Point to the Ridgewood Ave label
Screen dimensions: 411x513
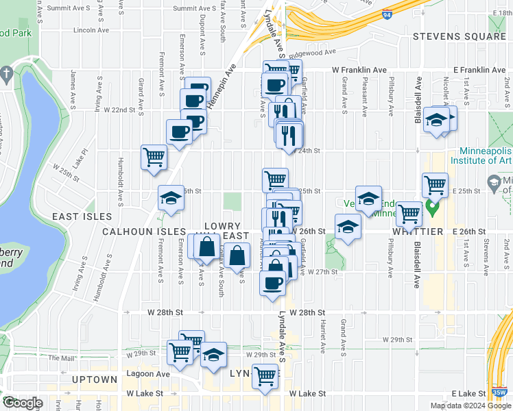coord(311,52)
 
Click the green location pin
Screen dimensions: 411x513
coord(432,206)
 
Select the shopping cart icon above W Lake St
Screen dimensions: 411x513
coord(265,375)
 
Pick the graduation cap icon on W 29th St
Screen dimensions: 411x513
coord(214,355)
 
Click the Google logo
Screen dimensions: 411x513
coord(23,403)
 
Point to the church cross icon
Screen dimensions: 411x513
coord(5,73)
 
